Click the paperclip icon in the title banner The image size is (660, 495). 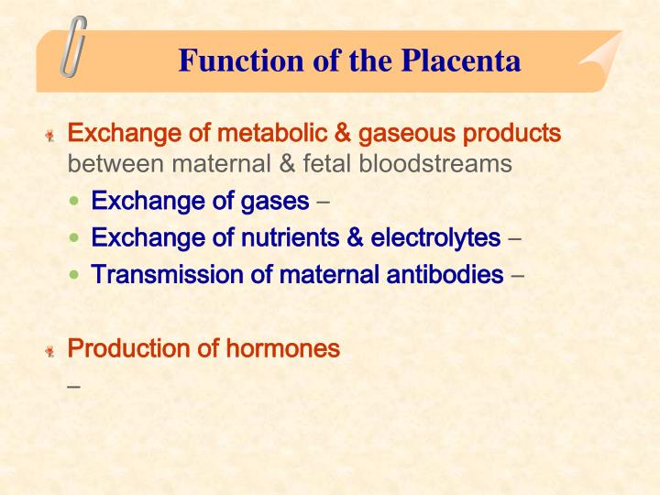74,45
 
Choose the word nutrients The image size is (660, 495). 287,237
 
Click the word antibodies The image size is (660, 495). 439,274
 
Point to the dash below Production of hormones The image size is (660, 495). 74,386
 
